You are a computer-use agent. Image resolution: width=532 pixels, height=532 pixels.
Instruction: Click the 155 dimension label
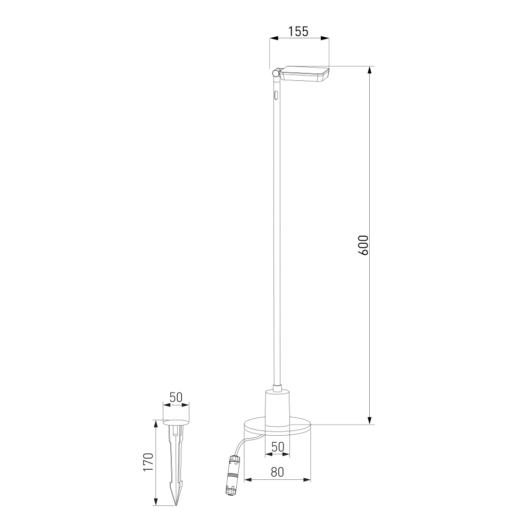pyautogui.click(x=298, y=31)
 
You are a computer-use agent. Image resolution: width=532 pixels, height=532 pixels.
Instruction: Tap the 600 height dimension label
pyautogui.click(x=363, y=245)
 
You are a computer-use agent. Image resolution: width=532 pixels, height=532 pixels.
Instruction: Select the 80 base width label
pyautogui.click(x=277, y=471)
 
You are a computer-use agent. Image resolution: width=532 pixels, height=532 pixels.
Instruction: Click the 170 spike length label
pyautogui.click(x=148, y=462)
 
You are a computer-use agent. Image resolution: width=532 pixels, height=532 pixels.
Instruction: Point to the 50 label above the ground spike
pyautogui.click(x=176, y=397)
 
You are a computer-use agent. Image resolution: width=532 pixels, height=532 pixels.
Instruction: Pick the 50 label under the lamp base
pyautogui.click(x=278, y=447)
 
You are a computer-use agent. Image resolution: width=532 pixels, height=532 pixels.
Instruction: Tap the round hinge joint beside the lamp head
pyautogui.click(x=276, y=73)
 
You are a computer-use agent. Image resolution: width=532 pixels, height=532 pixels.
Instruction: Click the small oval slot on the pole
pyautogui.click(x=277, y=95)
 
